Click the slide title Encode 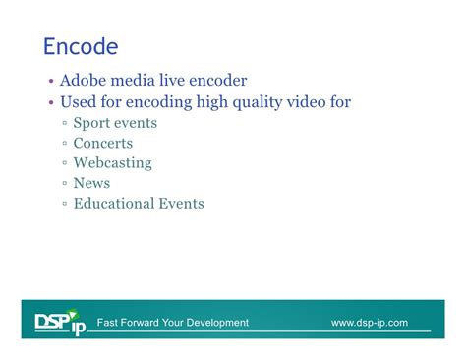(x=81, y=46)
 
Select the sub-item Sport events (x=115, y=123)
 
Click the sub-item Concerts (x=103, y=144)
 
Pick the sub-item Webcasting (x=113, y=163)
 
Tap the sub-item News (x=91, y=183)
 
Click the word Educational (x=113, y=204)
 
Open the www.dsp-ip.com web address (x=369, y=323)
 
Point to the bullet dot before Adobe (x=51, y=83)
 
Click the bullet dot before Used (x=51, y=103)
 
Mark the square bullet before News (x=64, y=184)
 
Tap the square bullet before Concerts (x=64, y=145)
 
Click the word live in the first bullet (x=169, y=81)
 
